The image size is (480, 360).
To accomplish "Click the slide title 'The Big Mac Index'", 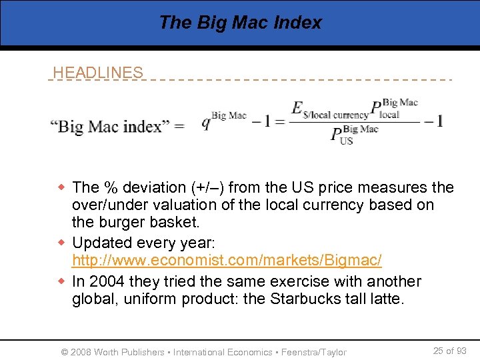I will click(x=240, y=23).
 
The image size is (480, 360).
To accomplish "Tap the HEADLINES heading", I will click(x=98, y=73).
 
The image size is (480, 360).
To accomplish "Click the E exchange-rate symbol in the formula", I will click(x=297, y=108).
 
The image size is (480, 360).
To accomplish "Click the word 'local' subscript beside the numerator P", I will click(x=389, y=114).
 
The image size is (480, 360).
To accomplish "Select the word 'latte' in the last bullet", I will click(x=387, y=299).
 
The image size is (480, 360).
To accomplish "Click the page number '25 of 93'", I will click(x=449, y=351).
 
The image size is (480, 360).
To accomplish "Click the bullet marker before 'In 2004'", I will click(x=62, y=281).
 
